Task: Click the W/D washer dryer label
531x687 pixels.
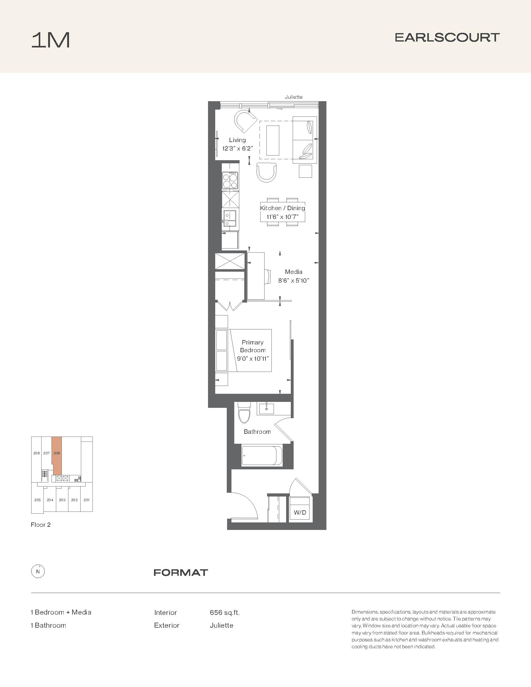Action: tap(300, 512)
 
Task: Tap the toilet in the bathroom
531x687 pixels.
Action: tap(244, 413)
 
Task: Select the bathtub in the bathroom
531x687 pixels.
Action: tap(262, 455)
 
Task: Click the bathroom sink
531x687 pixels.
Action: tap(266, 408)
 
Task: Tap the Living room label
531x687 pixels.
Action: tap(237, 140)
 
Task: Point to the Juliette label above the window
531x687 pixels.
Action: tap(294, 97)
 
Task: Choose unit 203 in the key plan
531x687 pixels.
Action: tap(62, 500)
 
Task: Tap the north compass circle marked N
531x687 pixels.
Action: tap(38, 572)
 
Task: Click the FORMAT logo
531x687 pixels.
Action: tap(181, 572)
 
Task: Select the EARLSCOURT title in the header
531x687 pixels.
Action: tap(447, 37)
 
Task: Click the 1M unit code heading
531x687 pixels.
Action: tap(50, 41)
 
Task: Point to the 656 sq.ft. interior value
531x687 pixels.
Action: tap(225, 612)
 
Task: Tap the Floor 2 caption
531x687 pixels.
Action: tap(41, 525)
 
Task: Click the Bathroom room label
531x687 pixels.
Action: tap(257, 432)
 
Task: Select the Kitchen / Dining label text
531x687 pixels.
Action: tap(282, 208)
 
